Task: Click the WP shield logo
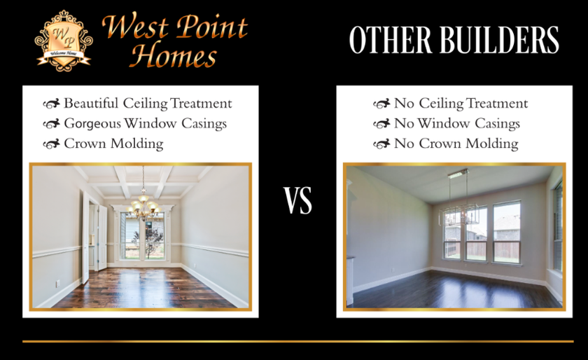pos(64,41)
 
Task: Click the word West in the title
pos(135,27)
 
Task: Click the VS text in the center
pos(297,200)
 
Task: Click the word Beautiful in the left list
pos(91,103)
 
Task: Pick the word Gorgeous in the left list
pos(92,124)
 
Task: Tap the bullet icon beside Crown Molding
pos(51,144)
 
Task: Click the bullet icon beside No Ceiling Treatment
pos(381,104)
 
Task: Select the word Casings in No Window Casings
pos(497,124)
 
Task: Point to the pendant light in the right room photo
pos(458,199)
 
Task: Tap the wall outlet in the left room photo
pos(58,284)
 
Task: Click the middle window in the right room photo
pos(476,234)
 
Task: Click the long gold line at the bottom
pos(297,341)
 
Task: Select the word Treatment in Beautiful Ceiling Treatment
pos(201,104)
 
